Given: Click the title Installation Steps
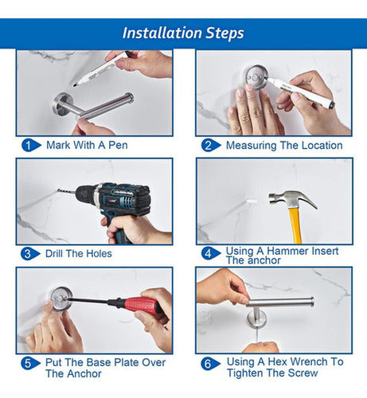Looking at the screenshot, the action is tap(183, 33).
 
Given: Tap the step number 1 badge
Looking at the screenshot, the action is tap(31, 146).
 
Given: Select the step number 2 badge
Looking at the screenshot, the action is tap(211, 146).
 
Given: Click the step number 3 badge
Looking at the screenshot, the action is tap(30, 254).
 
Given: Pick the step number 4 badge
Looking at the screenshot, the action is tap(211, 253).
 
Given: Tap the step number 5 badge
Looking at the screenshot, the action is tap(31, 363).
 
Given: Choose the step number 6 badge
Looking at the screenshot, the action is tap(210, 364).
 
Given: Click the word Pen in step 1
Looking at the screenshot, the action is tap(118, 145).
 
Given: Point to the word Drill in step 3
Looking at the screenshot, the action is tap(54, 254).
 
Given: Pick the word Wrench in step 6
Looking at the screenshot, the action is tap(310, 361).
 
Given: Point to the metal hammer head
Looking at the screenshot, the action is tap(291, 198).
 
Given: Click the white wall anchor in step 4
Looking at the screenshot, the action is tap(251, 201).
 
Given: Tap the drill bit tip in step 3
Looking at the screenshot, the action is tap(58, 190).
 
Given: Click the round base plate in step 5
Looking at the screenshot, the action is tap(61, 298).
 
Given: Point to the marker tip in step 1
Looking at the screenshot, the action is tap(75, 85).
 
